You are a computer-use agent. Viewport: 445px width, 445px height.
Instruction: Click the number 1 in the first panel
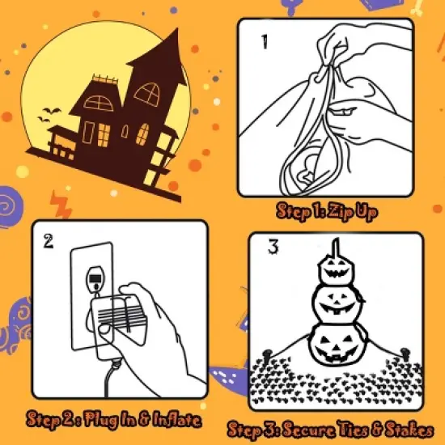pos(263,41)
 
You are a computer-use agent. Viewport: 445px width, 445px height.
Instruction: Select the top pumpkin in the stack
pos(335,268)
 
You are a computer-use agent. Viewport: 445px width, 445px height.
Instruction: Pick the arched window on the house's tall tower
pos(148,94)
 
